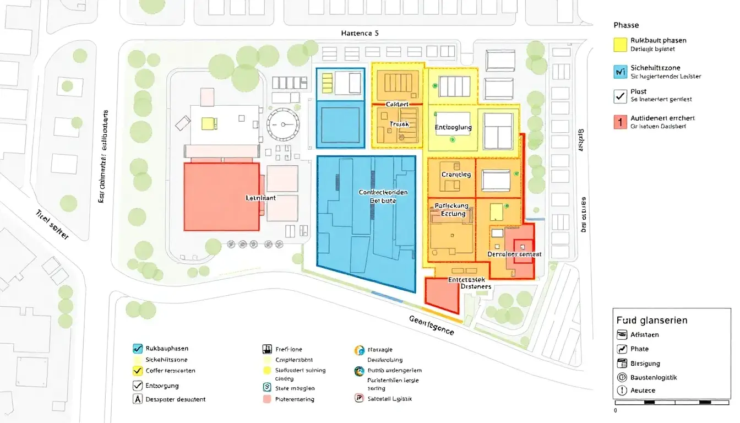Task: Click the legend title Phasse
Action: point(626,25)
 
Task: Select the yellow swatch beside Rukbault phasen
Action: point(620,45)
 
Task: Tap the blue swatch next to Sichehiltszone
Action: point(620,72)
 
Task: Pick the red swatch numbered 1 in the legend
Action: point(620,122)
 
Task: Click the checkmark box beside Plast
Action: point(620,96)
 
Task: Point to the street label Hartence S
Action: point(360,33)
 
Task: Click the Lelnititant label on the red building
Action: point(262,197)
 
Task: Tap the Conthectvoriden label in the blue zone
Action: point(383,192)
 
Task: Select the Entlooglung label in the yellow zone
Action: point(454,128)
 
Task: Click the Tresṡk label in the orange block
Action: point(399,124)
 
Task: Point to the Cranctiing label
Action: point(456,175)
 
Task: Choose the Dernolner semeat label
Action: point(514,254)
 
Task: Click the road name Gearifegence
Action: point(432,326)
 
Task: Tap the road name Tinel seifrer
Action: point(52,224)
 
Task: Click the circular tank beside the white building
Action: point(283,124)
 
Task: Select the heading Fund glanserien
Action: point(652,320)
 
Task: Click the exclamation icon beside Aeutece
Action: point(622,391)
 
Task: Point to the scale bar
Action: point(672,402)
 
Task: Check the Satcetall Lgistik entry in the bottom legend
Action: point(389,399)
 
